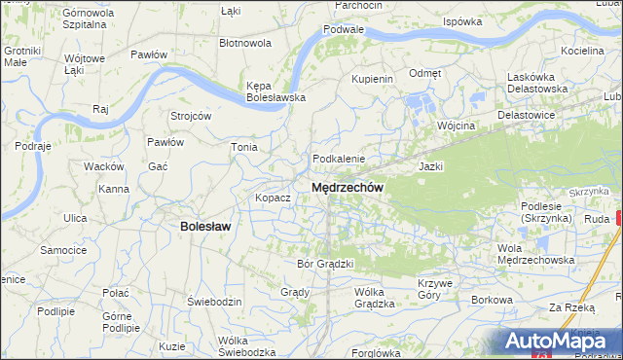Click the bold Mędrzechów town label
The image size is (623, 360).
348,187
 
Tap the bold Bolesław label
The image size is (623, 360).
205,226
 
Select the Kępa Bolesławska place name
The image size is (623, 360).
275,90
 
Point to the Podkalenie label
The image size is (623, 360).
338,159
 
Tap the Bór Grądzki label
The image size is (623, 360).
324,264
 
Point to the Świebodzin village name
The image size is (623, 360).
214,302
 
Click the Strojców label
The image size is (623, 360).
191,115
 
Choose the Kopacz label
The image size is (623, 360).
273,198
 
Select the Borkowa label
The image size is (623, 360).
492,300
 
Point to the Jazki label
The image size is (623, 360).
430,166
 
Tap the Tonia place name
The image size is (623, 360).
243,147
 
